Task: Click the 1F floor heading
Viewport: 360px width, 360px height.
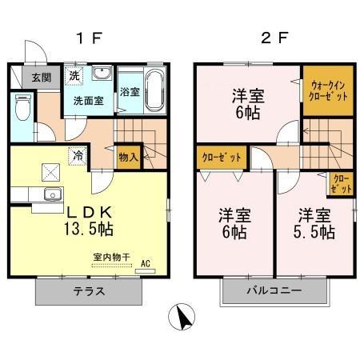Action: click(x=89, y=38)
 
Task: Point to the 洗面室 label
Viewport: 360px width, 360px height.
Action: click(x=88, y=102)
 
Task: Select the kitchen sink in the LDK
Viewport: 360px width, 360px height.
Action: click(x=52, y=194)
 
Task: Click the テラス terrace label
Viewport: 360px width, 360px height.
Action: click(x=90, y=291)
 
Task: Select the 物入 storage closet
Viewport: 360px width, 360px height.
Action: click(x=128, y=156)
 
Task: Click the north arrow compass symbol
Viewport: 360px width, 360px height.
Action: click(x=184, y=317)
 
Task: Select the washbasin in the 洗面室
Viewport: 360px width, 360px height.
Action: click(x=101, y=74)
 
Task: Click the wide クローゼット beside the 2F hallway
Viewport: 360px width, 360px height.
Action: click(x=220, y=158)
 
